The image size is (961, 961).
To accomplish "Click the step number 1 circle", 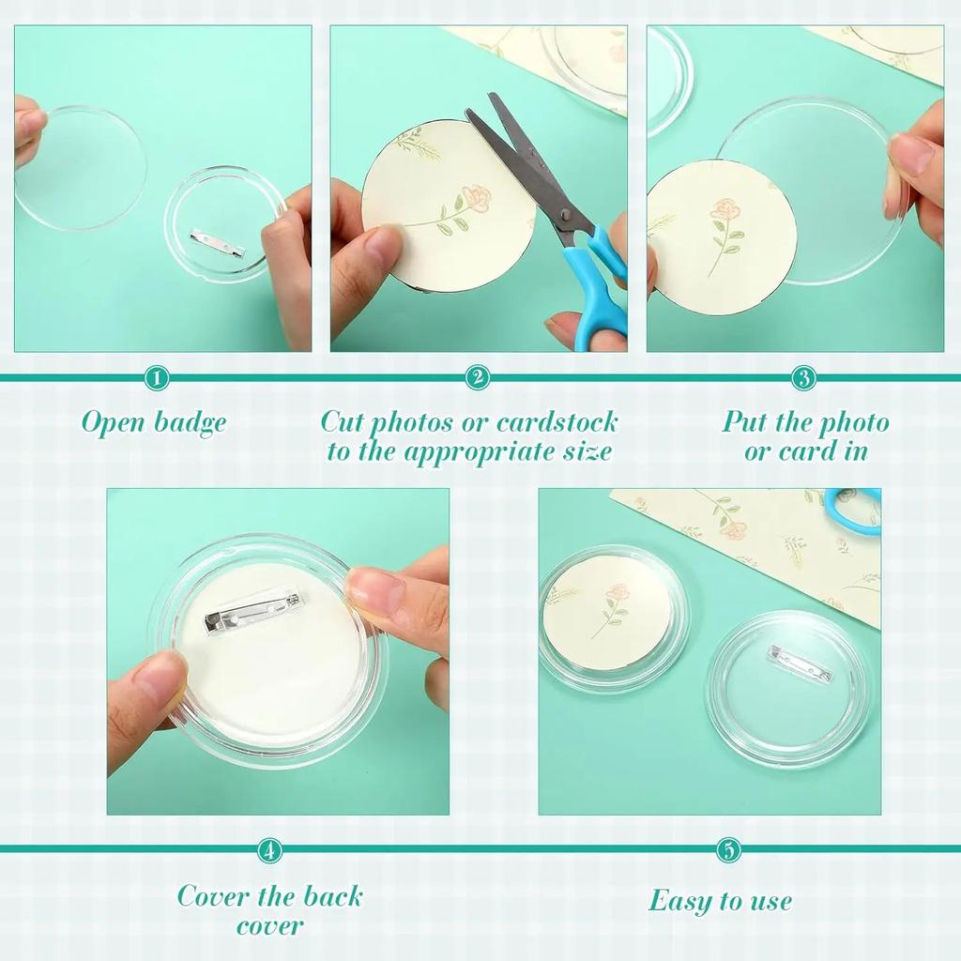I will click(158, 378).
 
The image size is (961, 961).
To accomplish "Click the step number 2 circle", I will click(478, 378).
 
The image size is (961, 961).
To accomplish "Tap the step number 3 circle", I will click(803, 378).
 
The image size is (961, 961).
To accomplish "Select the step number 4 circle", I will click(269, 851).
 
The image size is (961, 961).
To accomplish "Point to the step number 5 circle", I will click(728, 851).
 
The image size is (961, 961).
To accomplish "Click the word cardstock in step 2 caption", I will click(543, 421).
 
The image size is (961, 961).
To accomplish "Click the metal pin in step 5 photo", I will click(790, 658).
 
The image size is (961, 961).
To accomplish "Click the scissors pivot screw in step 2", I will click(565, 215).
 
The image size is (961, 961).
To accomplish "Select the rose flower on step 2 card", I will click(477, 196).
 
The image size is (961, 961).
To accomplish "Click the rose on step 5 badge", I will click(616, 593).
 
